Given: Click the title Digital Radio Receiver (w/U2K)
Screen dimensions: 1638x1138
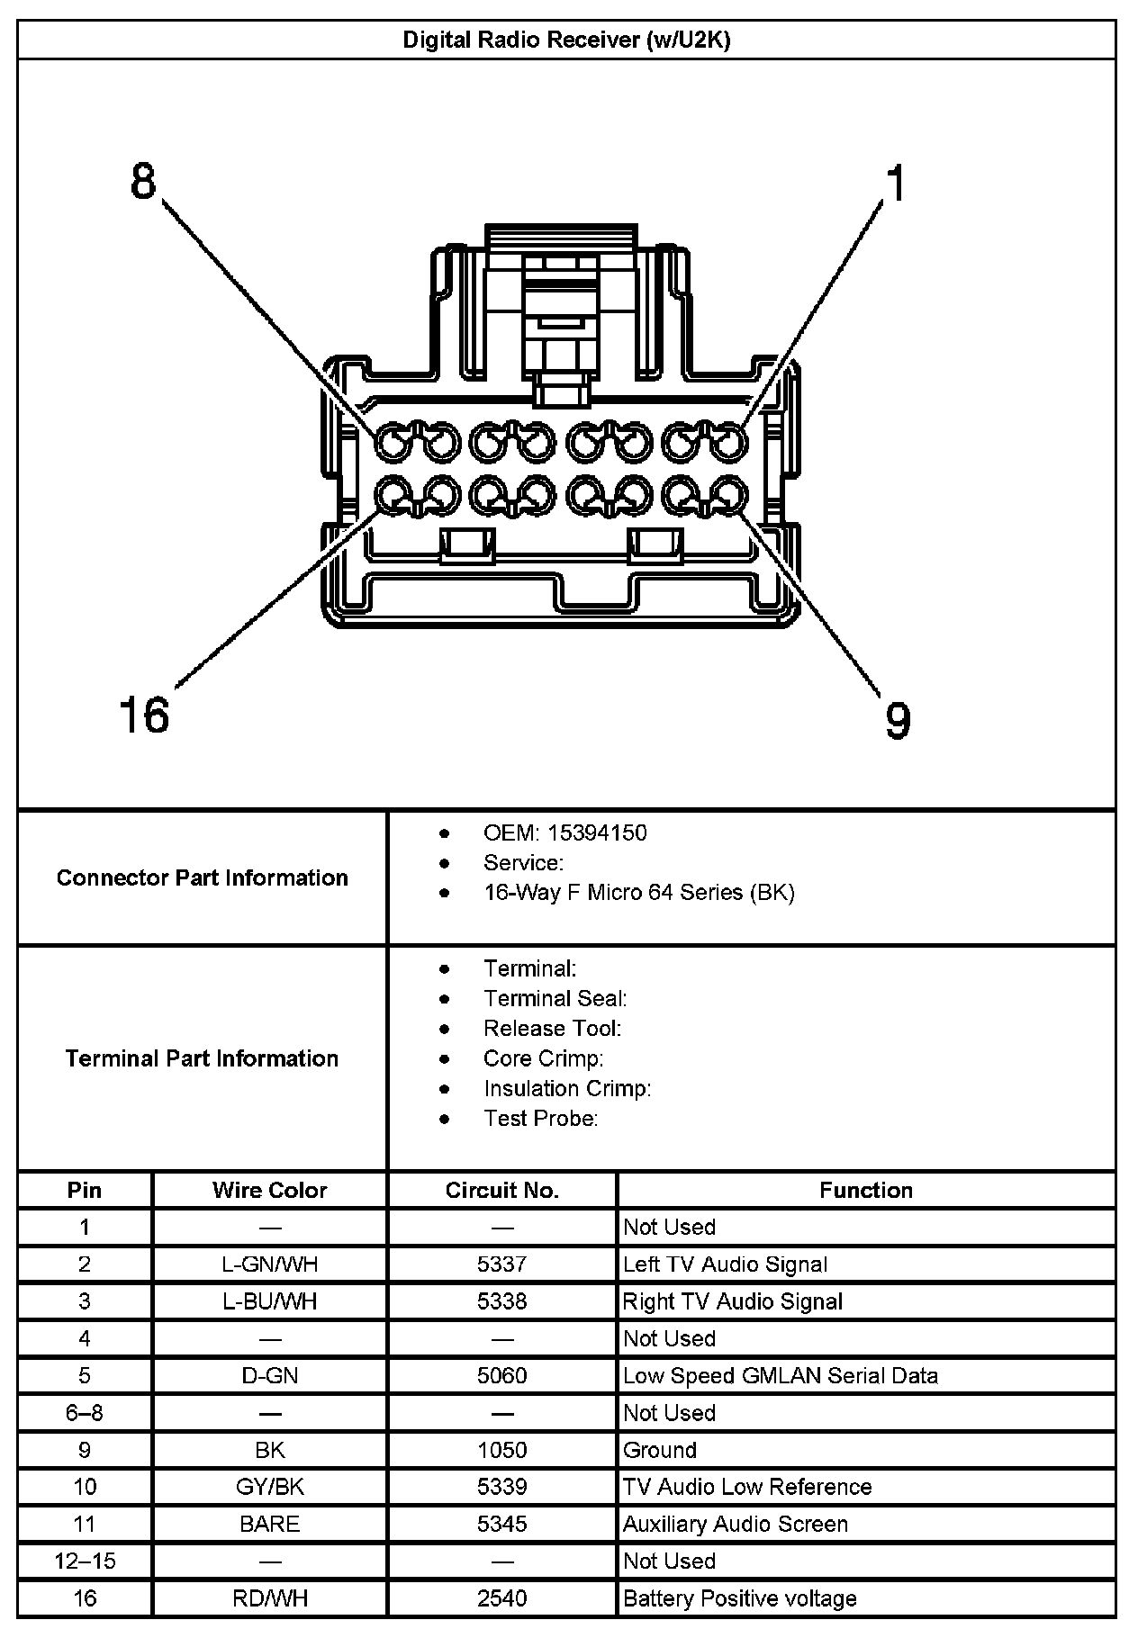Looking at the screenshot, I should point(566,40).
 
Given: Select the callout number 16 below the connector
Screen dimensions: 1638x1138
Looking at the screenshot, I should point(144,715).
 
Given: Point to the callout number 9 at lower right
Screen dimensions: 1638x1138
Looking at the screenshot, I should point(898,720).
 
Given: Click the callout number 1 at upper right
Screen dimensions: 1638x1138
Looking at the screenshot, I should point(895,184).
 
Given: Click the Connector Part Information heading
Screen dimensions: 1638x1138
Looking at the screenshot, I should point(202,877).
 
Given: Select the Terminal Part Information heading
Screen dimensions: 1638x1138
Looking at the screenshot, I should point(202,1058).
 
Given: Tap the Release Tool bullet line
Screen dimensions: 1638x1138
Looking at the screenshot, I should point(552,1028).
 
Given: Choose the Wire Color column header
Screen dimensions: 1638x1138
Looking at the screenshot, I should point(269,1190).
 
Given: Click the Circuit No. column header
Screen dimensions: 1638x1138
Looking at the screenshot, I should point(502,1190).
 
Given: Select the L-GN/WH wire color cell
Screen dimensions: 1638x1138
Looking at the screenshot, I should point(269,1264).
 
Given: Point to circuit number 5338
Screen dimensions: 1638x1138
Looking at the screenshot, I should point(502,1301).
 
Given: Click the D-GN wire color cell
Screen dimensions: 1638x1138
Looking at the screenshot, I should point(269,1375).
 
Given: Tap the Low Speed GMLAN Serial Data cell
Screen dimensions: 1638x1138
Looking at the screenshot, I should point(780,1375).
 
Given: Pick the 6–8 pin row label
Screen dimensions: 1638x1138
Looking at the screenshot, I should point(85,1412).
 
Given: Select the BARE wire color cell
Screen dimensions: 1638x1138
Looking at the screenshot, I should point(269,1524).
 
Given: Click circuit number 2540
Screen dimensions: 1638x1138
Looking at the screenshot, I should point(502,1598).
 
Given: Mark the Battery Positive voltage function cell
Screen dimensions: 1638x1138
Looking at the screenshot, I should point(739,1598).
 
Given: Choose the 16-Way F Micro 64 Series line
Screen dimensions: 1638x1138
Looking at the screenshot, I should point(638,892).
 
